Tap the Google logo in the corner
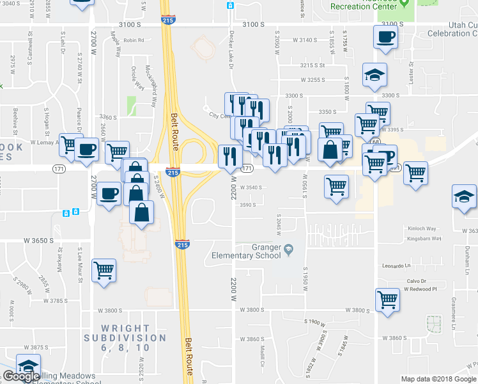(x=21, y=377)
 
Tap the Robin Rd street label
(x=134, y=40)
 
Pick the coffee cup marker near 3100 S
(x=385, y=36)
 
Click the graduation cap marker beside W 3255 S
(x=374, y=75)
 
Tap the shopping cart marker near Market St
(x=104, y=270)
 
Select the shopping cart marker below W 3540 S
(x=336, y=187)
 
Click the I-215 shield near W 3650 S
(x=181, y=244)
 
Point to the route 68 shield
(x=376, y=141)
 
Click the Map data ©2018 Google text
(x=438, y=379)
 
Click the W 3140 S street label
(x=304, y=40)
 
